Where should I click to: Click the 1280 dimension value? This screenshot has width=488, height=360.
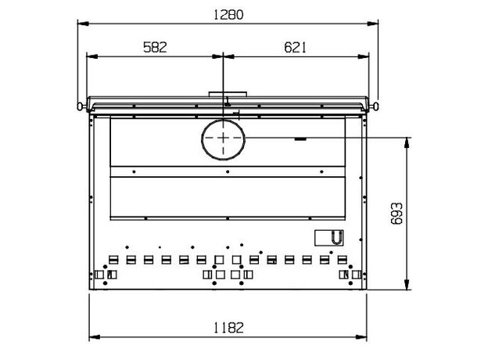[228, 15]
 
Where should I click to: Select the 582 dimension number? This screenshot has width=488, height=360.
[155, 47]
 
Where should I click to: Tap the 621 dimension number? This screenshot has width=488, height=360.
[295, 47]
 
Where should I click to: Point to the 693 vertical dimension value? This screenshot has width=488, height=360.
[396, 214]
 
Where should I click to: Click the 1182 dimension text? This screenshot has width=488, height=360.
[228, 328]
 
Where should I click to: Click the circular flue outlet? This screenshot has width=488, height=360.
[223, 139]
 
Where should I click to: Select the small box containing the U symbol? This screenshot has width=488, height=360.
[329, 238]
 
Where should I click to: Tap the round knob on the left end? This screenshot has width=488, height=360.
[80, 106]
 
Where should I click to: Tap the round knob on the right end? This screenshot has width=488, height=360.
[375, 106]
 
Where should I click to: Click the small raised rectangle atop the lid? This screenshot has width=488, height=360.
[228, 94]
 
